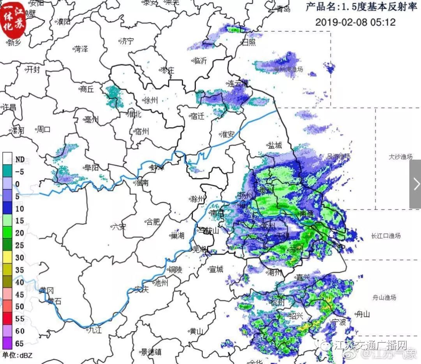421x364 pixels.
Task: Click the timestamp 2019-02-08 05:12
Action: [x=355, y=22]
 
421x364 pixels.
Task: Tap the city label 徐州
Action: [x=150, y=100]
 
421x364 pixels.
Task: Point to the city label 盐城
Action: [x=274, y=145]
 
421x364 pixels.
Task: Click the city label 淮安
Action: [x=227, y=135]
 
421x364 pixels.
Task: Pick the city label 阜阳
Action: [x=91, y=168]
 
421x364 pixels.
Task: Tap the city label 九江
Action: [x=94, y=330]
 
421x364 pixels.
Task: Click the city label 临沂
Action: [x=200, y=60]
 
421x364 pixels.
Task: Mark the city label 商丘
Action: [x=87, y=89]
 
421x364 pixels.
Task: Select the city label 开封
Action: [x=32, y=70]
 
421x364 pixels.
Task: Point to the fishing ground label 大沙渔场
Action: [x=400, y=157]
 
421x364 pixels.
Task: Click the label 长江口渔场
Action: [x=386, y=236]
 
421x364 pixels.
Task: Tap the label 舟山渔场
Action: [x=384, y=298]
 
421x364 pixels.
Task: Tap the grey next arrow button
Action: [x=415, y=184]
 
